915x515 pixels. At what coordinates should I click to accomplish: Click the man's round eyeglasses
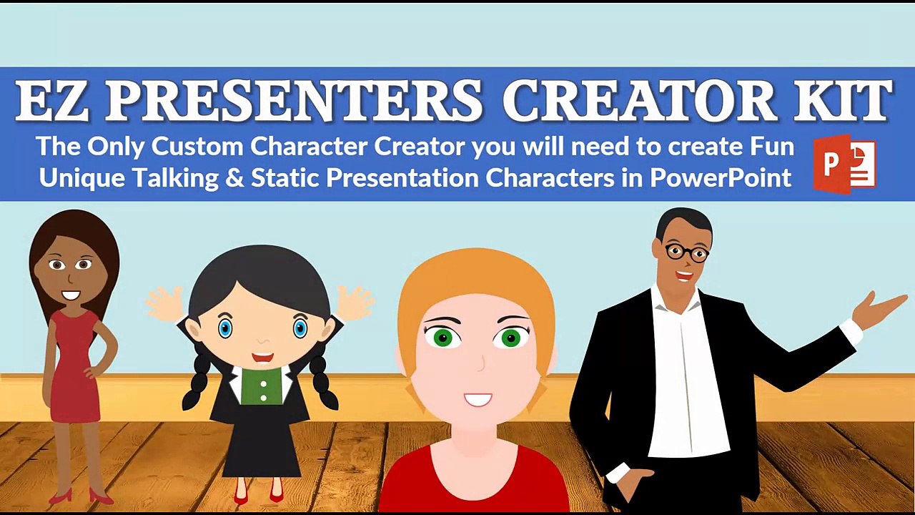click(686, 252)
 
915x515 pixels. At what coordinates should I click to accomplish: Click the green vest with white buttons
click(262, 386)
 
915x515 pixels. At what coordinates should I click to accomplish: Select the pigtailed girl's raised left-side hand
click(164, 303)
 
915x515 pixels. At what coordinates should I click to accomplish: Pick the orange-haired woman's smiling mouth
click(477, 399)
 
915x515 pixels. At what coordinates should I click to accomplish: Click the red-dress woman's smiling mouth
click(71, 294)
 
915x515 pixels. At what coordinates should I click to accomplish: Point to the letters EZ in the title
click(56, 101)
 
